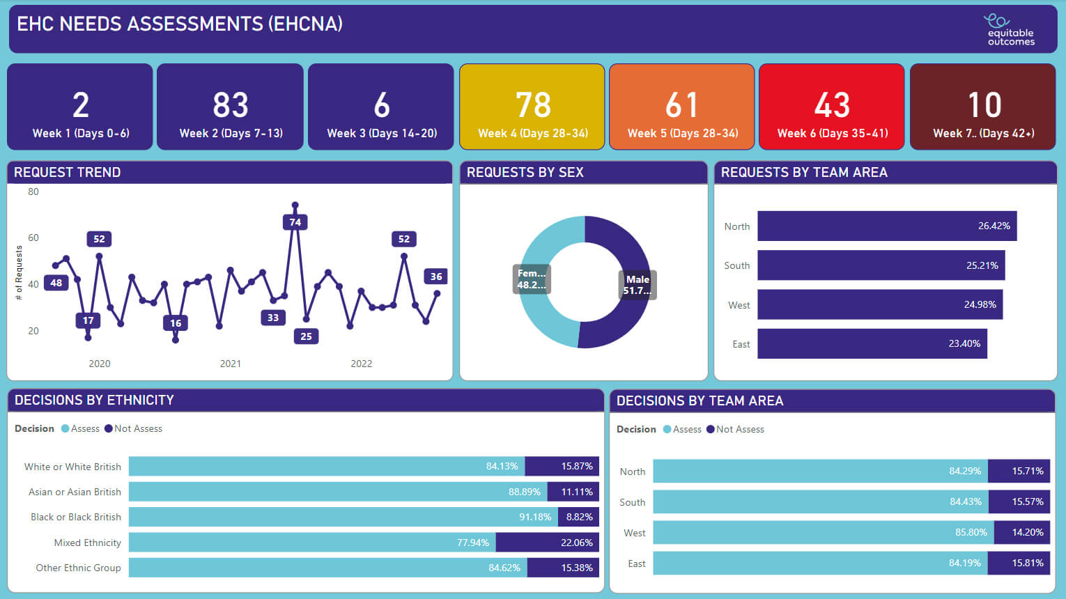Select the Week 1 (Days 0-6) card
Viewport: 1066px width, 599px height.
point(80,107)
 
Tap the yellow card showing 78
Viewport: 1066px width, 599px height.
point(532,107)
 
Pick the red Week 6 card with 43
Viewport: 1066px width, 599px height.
point(832,107)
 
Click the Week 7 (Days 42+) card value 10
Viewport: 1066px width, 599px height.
point(984,105)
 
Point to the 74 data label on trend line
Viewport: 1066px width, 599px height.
point(295,222)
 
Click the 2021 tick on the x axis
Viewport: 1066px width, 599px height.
point(231,364)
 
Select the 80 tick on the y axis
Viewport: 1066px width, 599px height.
point(33,192)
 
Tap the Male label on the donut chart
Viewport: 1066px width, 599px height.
point(638,284)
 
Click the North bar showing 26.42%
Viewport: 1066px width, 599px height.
point(886,226)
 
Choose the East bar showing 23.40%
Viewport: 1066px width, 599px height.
point(872,344)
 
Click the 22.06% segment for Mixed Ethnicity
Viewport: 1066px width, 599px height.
point(547,543)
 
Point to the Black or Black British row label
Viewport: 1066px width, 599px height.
point(76,517)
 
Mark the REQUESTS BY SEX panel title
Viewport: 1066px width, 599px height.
point(525,172)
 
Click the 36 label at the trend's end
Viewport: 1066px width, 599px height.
point(436,277)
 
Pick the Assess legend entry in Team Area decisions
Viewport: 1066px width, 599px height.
point(682,429)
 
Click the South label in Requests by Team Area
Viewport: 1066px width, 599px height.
point(736,265)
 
